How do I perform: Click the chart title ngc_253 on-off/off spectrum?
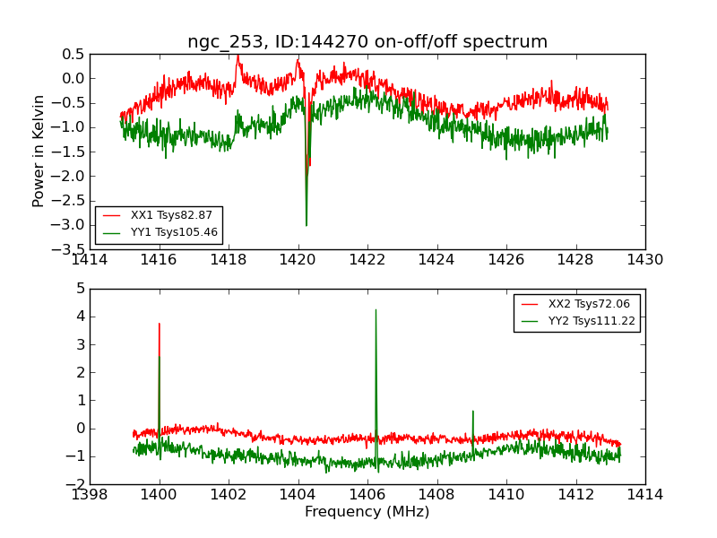click(x=367, y=42)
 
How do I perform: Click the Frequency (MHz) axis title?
click(x=367, y=512)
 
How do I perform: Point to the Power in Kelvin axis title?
click(x=39, y=151)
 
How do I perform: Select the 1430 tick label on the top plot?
click(x=644, y=260)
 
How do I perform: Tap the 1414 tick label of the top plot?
click(x=90, y=260)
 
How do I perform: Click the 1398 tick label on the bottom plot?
click(x=90, y=495)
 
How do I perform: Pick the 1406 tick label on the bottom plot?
click(x=367, y=495)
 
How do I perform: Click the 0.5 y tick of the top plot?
click(x=73, y=54)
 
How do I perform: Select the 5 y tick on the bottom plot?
click(x=81, y=289)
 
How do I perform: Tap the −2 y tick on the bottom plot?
click(x=75, y=484)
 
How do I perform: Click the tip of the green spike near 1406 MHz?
click(x=376, y=310)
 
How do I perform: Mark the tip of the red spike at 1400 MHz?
click(x=160, y=324)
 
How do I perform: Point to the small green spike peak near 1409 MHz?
click(x=472, y=411)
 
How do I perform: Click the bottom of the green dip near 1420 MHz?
click(x=307, y=225)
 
